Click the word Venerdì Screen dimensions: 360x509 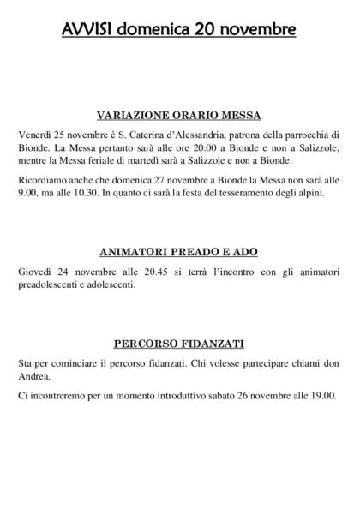(34, 135)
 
